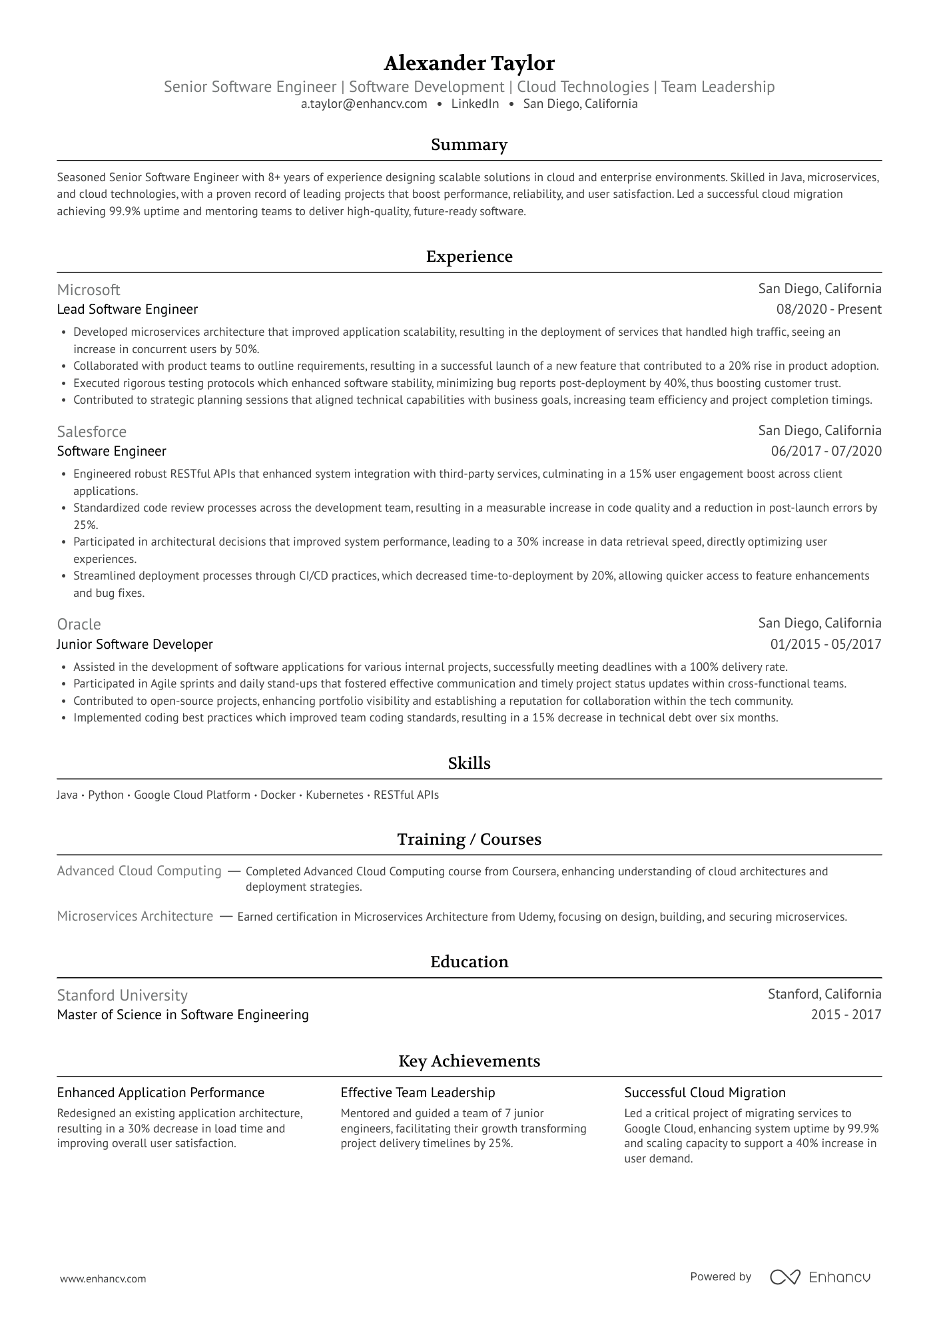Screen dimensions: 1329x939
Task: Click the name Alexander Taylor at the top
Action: coord(469,63)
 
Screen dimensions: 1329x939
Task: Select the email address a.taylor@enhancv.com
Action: coord(364,104)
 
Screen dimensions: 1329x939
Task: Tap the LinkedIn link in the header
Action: coord(475,104)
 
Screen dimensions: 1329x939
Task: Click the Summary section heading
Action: coord(469,145)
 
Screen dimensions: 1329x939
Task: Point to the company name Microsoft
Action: coord(89,290)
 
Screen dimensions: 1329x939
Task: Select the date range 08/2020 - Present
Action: coord(828,310)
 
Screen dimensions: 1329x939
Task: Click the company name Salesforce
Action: coord(91,432)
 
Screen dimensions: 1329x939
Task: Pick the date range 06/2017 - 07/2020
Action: coord(826,452)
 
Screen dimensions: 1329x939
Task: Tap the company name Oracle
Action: coord(79,624)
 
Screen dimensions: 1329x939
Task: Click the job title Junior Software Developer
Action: coord(135,644)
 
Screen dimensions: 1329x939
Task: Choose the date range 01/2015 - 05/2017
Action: coord(826,644)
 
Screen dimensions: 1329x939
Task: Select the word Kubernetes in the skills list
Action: coord(334,795)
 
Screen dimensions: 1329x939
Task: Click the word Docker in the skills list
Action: coord(278,795)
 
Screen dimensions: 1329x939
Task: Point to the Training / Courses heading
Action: coord(469,839)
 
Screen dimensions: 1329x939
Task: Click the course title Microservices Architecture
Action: coord(135,917)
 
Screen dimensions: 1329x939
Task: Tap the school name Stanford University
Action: coord(122,995)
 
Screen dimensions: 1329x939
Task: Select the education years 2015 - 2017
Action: coord(846,1015)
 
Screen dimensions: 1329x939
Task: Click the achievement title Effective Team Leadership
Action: coord(418,1093)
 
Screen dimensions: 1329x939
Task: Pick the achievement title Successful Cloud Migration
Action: coord(705,1093)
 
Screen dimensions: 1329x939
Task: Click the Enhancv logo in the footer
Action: coord(820,1277)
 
